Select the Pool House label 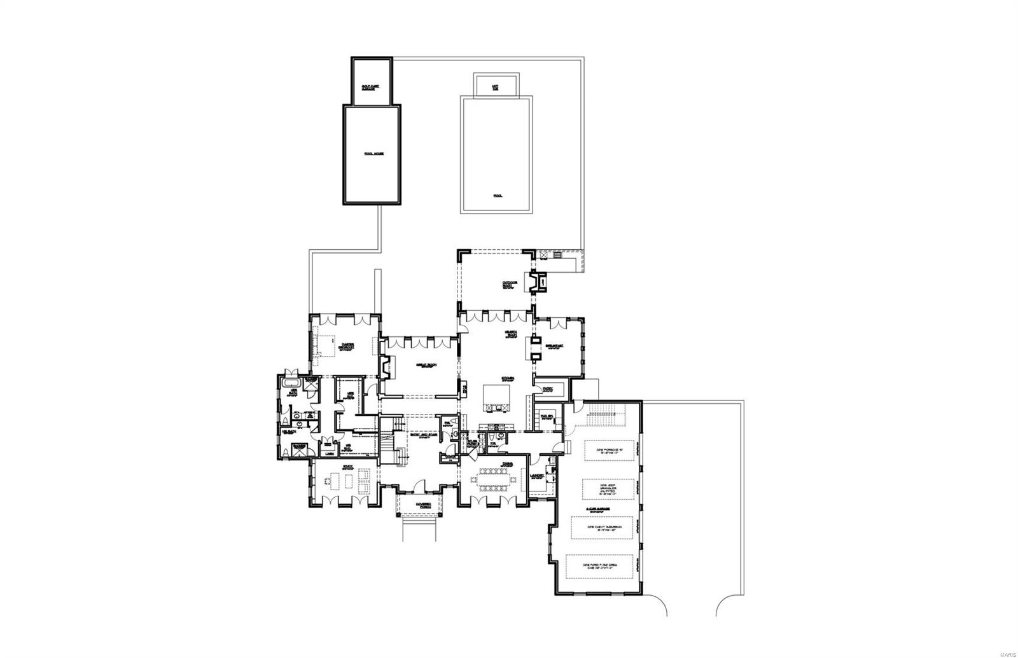point(372,154)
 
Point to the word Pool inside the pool point(497,196)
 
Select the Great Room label point(425,366)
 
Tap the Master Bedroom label point(347,345)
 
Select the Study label point(347,467)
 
